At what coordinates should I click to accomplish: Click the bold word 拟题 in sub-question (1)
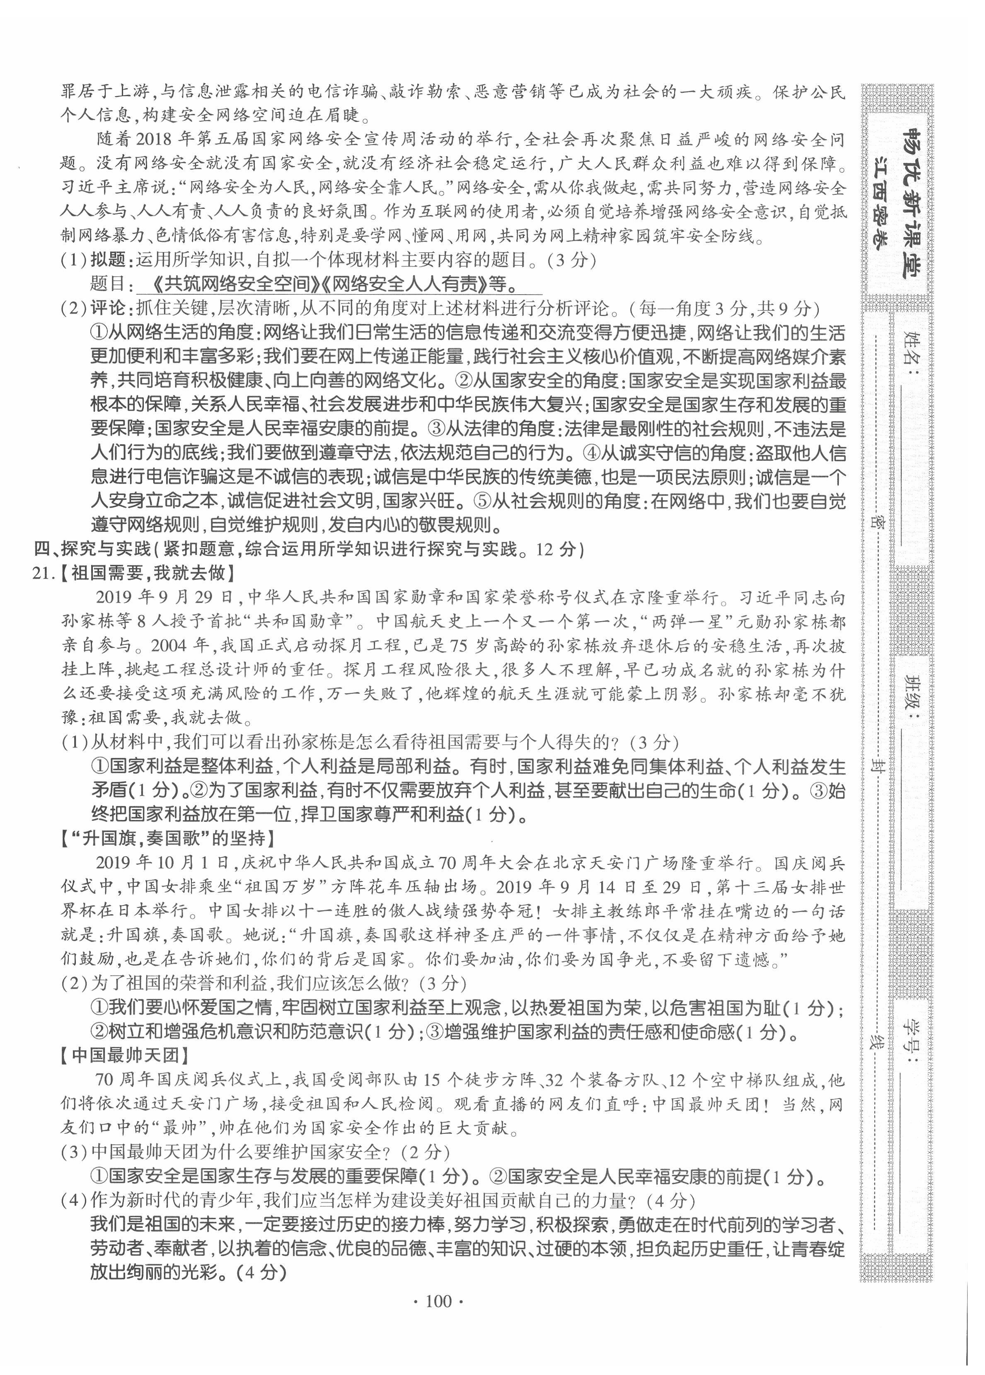tap(108, 260)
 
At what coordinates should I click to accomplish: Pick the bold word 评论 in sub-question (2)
tap(108, 309)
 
